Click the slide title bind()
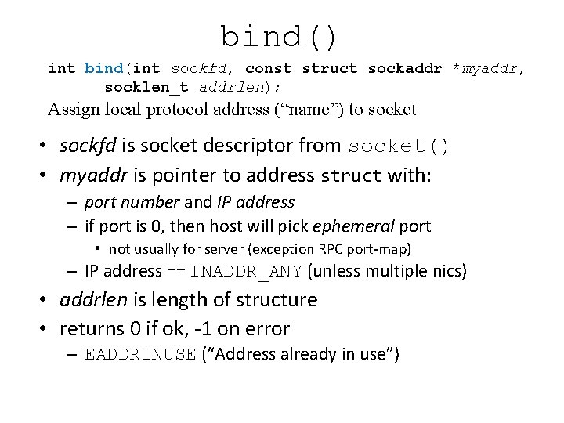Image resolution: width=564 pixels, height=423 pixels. pos(280,36)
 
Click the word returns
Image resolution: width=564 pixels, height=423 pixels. pos(92,329)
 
